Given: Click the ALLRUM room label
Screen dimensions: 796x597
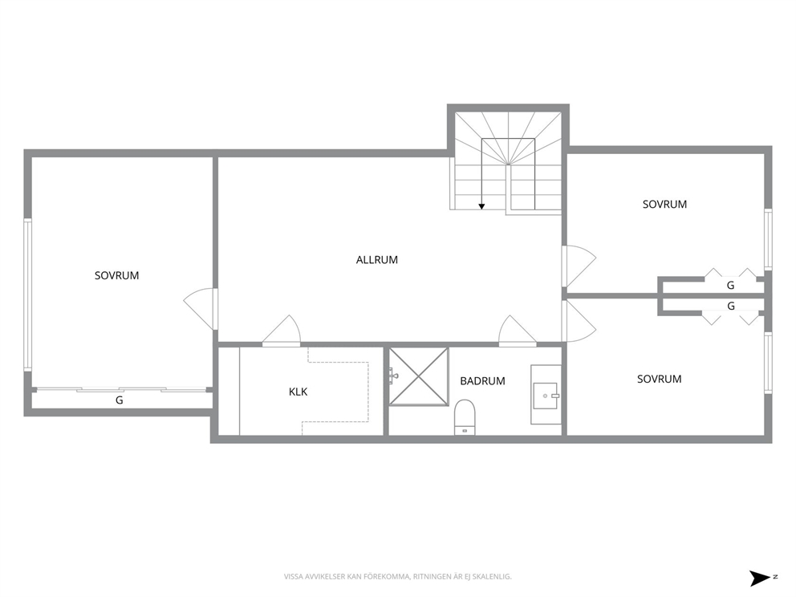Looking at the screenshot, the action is [x=376, y=260].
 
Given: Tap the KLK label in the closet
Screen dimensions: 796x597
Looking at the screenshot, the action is [x=298, y=392].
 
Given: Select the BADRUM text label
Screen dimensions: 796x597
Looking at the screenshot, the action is [x=482, y=381].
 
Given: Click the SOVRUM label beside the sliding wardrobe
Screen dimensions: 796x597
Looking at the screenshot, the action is [x=117, y=276].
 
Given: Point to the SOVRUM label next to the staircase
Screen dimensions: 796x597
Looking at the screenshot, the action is [x=664, y=205].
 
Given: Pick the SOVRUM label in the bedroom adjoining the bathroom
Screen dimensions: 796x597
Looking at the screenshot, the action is [x=659, y=380].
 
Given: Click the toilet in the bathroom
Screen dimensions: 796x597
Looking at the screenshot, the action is [x=465, y=417].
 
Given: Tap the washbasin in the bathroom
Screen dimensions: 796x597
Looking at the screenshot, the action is [x=546, y=395].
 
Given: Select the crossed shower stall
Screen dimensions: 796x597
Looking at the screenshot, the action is [x=419, y=376].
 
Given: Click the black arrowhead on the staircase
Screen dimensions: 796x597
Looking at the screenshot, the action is [x=481, y=206].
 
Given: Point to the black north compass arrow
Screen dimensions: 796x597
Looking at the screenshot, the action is [x=761, y=579].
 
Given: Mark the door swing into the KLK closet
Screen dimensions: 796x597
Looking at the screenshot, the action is [x=282, y=331].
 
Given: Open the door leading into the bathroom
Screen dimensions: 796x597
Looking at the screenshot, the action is [x=518, y=331].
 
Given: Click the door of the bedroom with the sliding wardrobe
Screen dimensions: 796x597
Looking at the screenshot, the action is [x=201, y=309].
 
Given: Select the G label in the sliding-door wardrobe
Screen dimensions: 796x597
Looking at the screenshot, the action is [x=120, y=400].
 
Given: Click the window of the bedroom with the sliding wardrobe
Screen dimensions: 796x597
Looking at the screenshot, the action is [x=27, y=294].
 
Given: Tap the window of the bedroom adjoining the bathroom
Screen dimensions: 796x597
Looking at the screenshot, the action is [x=769, y=363].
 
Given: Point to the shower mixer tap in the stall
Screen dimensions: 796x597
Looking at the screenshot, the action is [x=394, y=376].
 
